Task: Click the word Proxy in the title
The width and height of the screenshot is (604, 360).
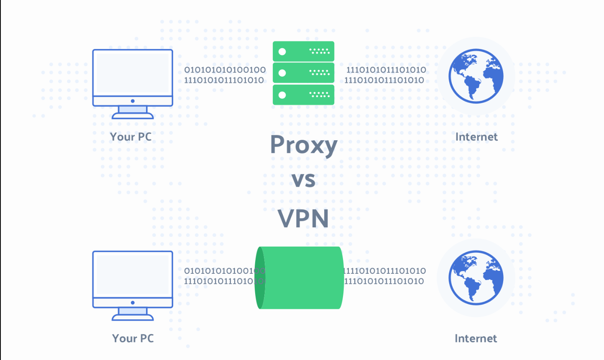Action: pyautogui.click(x=304, y=145)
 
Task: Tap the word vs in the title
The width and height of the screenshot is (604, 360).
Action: pyautogui.click(x=303, y=180)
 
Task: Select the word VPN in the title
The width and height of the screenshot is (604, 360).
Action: pyautogui.click(x=303, y=218)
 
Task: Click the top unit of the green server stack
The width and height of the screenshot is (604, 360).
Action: pyautogui.click(x=303, y=51)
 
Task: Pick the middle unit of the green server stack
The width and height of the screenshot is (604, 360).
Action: pyautogui.click(x=303, y=73)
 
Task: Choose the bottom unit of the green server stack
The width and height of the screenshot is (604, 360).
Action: pyautogui.click(x=303, y=95)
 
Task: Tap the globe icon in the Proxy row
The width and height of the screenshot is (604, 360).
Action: pyautogui.click(x=476, y=76)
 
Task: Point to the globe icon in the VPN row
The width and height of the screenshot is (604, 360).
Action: pyautogui.click(x=476, y=277)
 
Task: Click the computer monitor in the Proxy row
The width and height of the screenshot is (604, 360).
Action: pyautogui.click(x=133, y=73)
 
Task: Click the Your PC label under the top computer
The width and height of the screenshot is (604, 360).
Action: pyautogui.click(x=131, y=137)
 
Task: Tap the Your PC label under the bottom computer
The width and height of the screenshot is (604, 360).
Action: pyautogui.click(x=133, y=338)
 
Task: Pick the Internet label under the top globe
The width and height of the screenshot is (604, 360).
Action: pyautogui.click(x=476, y=137)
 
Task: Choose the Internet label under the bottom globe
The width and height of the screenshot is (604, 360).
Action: pyautogui.click(x=476, y=338)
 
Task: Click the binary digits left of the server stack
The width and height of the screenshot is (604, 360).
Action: pyautogui.click(x=225, y=75)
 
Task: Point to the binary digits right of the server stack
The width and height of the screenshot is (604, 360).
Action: pyautogui.click(x=385, y=75)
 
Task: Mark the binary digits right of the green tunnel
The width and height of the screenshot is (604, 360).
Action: pyautogui.click(x=385, y=276)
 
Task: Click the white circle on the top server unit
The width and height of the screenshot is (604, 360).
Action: pyautogui.click(x=282, y=51)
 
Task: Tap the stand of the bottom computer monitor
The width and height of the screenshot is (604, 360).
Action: pyautogui.click(x=133, y=313)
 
